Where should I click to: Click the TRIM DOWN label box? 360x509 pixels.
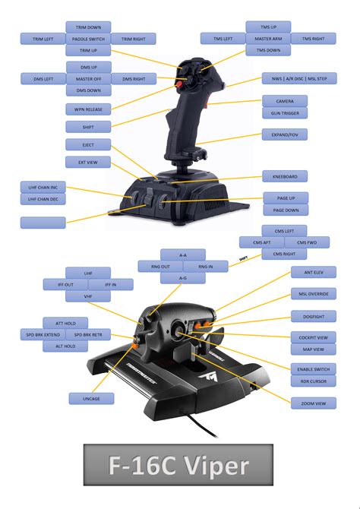(x=88, y=27)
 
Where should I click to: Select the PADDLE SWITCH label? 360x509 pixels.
(x=88, y=39)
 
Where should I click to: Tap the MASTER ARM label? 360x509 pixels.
(x=268, y=39)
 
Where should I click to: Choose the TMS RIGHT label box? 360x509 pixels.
(x=313, y=39)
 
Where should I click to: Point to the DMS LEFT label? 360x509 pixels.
(x=43, y=79)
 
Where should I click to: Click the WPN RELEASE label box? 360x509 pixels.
(x=88, y=109)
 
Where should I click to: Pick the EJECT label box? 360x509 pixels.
(x=88, y=145)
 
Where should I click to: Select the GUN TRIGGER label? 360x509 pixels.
(x=285, y=113)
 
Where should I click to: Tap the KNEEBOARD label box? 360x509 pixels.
(x=285, y=176)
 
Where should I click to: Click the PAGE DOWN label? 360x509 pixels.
(x=286, y=210)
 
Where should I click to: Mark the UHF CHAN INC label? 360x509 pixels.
(x=43, y=188)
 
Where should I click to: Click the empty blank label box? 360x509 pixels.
(x=43, y=223)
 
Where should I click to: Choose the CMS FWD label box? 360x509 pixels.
(x=307, y=242)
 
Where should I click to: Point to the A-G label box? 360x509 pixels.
(x=183, y=278)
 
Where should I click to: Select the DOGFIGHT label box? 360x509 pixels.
(x=314, y=317)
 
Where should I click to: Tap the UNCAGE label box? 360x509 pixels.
(x=92, y=399)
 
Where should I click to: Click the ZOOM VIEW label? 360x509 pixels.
(x=314, y=403)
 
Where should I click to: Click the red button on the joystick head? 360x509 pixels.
(x=178, y=84)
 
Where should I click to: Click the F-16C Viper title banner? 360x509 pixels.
(x=178, y=465)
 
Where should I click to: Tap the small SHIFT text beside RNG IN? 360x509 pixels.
(x=243, y=259)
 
